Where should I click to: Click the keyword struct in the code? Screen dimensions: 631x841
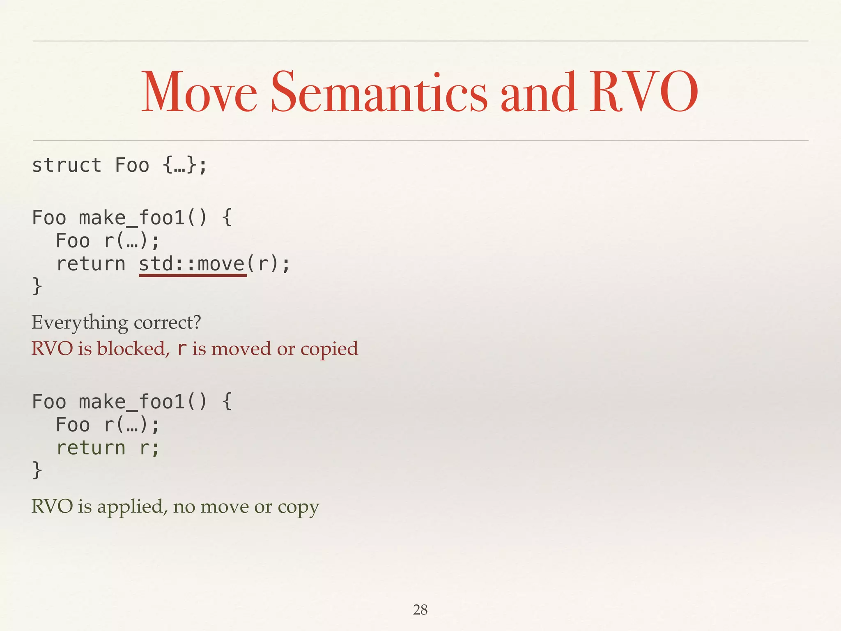[x=67, y=166]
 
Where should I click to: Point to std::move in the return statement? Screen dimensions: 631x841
[x=192, y=263]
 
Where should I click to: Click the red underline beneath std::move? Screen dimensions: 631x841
[x=193, y=275]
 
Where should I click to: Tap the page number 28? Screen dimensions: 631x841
[x=420, y=610]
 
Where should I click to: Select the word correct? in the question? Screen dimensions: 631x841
[x=168, y=322]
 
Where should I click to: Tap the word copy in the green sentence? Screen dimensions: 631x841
[x=299, y=507]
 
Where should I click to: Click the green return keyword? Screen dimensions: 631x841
[x=91, y=447]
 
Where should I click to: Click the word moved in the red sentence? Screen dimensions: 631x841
[x=241, y=349]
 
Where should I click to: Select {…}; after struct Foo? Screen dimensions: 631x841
[x=185, y=166]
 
